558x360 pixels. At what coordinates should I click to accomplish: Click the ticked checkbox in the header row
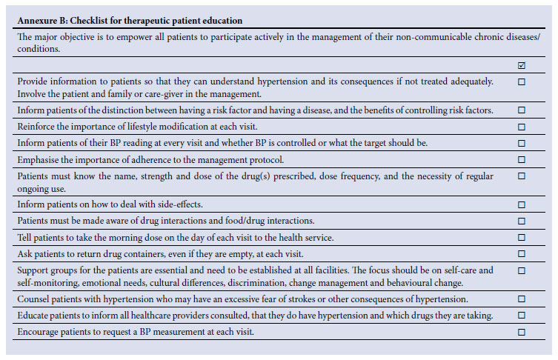coord(522,65)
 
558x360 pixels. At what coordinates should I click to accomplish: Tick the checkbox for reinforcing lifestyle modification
coord(522,127)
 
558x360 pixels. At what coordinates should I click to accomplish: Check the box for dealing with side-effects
coord(522,204)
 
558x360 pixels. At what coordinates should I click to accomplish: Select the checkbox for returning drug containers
coord(522,254)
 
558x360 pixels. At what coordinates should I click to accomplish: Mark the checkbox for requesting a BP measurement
coord(522,333)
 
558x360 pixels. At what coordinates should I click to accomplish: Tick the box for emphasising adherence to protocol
coord(522,159)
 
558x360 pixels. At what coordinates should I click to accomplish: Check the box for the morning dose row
coord(522,238)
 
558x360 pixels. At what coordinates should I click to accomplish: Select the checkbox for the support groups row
coord(522,271)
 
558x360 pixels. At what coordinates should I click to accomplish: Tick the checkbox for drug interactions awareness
coord(522,221)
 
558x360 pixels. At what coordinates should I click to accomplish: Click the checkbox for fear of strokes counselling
coord(522,299)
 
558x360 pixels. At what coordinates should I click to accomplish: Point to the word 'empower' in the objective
coord(135,36)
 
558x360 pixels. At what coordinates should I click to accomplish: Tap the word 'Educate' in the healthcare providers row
coord(34,316)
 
